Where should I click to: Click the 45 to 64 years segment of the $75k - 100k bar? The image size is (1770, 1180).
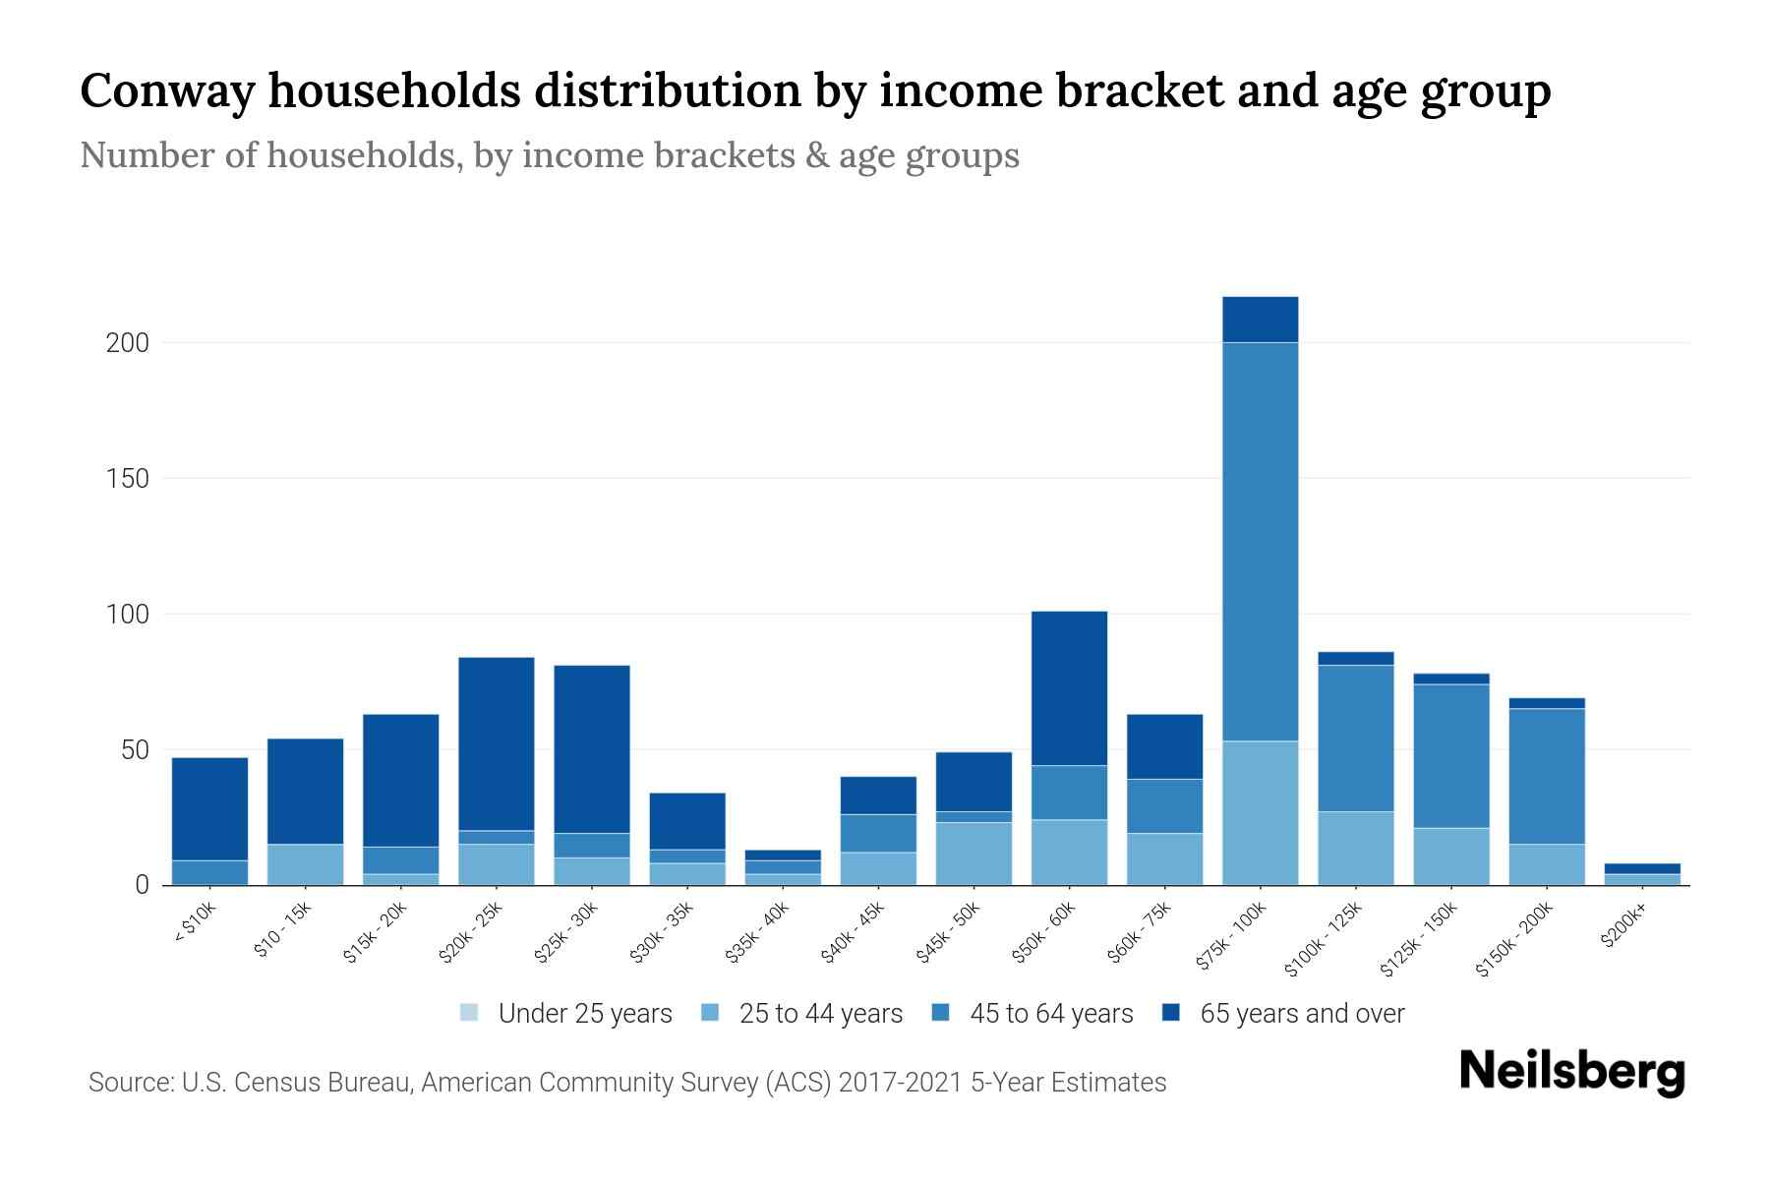tap(1260, 541)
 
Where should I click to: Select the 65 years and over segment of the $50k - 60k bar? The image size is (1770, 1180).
tap(1069, 687)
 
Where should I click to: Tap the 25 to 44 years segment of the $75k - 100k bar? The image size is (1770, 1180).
tap(1260, 812)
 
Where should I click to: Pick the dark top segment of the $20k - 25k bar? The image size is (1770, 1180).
tap(497, 743)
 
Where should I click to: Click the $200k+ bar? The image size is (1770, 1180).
tap(1641, 874)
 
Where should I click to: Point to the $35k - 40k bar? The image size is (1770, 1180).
tap(783, 867)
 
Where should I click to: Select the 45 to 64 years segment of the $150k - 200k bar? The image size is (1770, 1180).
tap(1546, 776)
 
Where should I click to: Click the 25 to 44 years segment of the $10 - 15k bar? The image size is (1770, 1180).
tap(305, 864)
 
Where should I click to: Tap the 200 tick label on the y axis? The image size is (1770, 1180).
tap(128, 343)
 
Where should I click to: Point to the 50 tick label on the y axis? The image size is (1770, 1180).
tap(135, 750)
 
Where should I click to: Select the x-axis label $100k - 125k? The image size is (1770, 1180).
tap(1324, 939)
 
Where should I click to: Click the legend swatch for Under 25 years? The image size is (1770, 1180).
tap(470, 1013)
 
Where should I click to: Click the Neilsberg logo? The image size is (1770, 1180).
tap(1572, 1073)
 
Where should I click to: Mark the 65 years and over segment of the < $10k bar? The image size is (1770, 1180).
tap(209, 808)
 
